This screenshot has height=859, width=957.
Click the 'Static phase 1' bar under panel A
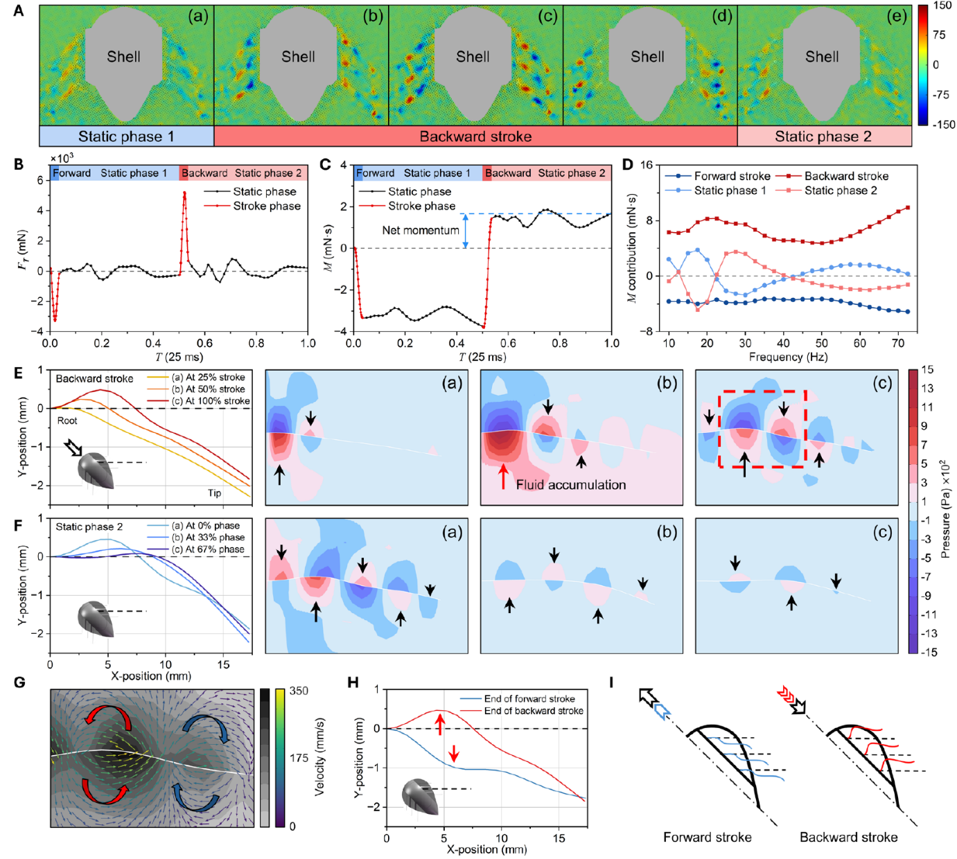coord(126,136)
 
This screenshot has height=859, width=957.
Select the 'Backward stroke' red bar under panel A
coord(475,136)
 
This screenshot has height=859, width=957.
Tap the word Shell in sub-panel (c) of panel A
coord(473,57)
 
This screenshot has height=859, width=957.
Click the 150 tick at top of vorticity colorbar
coord(942,6)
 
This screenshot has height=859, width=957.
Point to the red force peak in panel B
coord(184,193)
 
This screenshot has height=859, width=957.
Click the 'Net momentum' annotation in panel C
coord(421,230)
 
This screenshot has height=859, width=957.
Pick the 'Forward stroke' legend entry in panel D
coord(732,176)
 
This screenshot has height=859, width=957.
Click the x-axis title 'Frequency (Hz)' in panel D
coord(788,357)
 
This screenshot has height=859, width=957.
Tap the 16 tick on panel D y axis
coord(646,165)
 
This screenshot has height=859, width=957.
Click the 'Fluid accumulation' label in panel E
coord(571,485)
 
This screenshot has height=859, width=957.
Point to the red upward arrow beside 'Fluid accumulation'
coord(504,477)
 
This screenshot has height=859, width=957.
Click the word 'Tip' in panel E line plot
coord(215,493)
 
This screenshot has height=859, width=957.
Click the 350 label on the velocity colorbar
coord(299,691)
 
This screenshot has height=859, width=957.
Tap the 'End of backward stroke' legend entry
coord(533,711)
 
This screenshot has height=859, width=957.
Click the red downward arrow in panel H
coord(454,753)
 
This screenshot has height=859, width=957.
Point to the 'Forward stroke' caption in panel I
coord(707,837)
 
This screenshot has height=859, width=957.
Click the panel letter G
coord(19,682)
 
